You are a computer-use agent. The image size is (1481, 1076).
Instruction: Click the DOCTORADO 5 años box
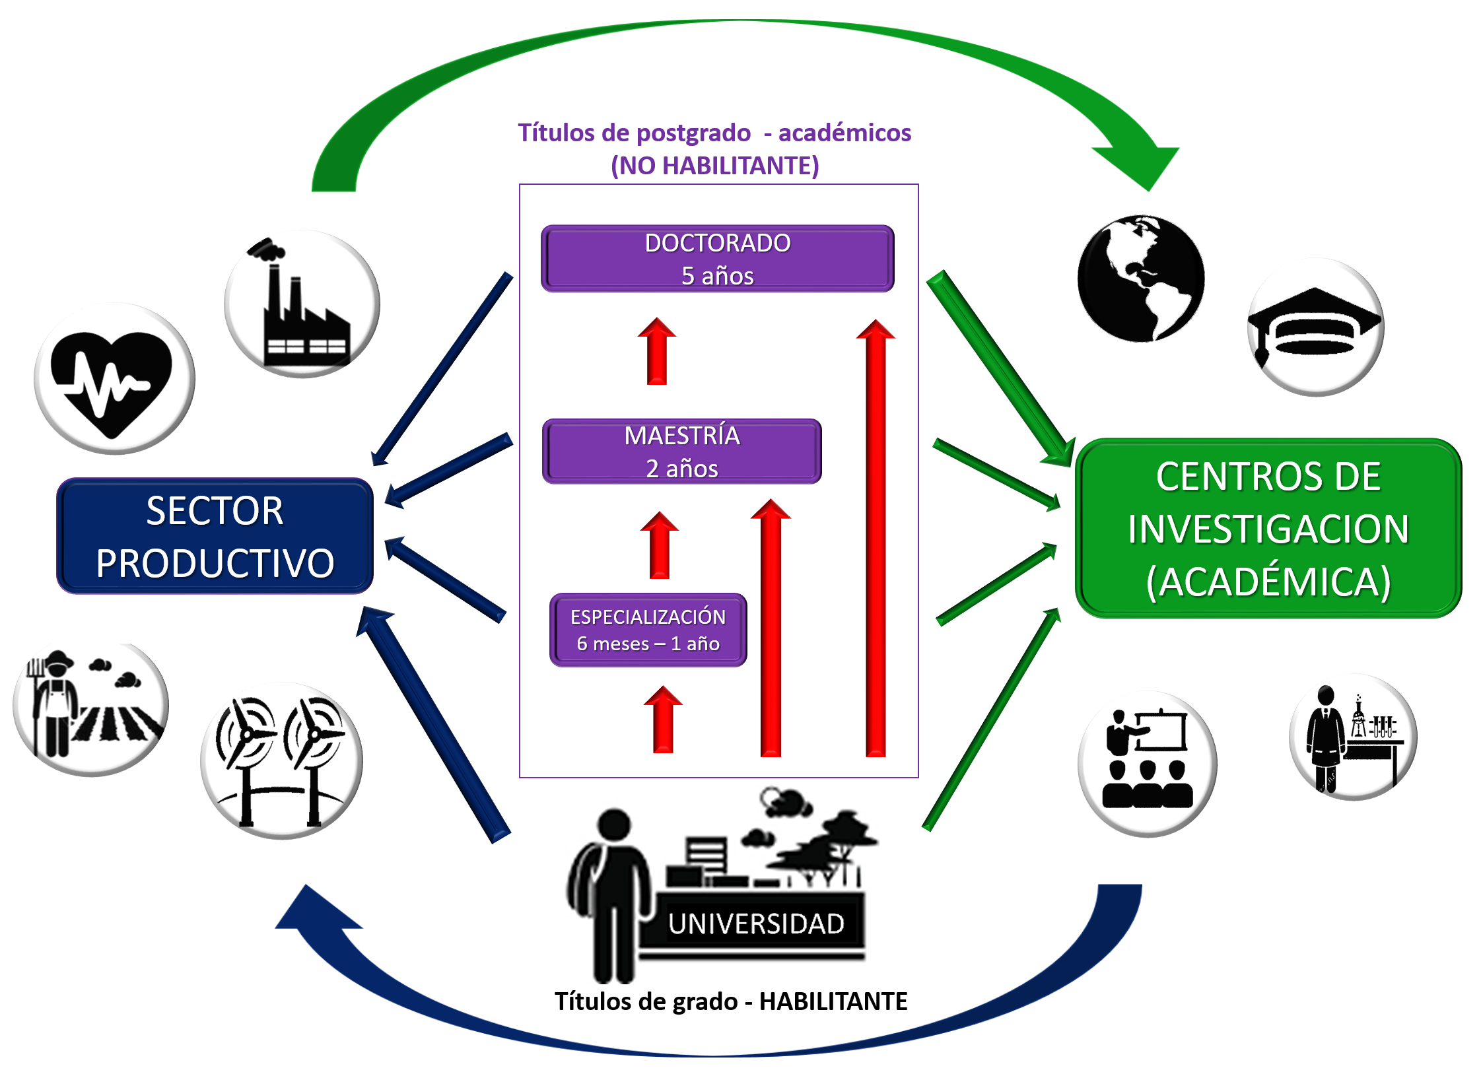717,259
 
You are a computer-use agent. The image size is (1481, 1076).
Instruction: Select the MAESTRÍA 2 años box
681,452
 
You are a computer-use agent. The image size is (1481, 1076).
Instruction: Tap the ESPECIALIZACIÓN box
648,630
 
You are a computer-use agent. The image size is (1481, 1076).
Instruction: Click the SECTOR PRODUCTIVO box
215,536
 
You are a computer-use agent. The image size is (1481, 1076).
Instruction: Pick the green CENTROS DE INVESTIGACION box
1268,528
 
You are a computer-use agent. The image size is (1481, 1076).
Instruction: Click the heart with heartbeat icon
114,380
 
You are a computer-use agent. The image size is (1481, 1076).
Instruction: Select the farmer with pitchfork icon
90,708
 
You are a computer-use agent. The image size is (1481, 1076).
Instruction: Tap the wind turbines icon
282,761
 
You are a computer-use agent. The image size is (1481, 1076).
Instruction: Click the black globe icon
1140,278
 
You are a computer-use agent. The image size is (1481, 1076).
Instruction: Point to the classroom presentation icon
1147,762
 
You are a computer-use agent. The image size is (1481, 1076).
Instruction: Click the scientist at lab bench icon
1352,737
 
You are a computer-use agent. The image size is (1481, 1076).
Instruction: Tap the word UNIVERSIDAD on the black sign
756,924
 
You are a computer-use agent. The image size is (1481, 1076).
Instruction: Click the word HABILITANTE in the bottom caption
833,1001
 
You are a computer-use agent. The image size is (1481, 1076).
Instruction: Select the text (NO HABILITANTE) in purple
714,166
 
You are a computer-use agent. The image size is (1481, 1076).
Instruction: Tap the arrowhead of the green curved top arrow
1142,165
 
